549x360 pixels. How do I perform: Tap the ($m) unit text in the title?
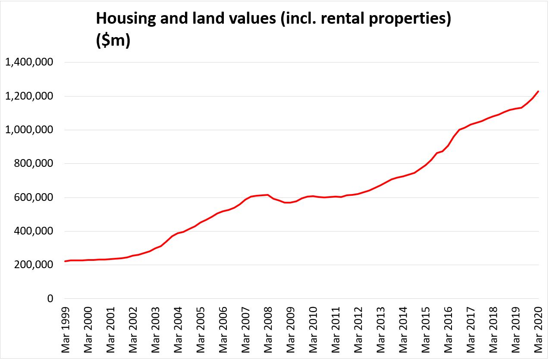click(113, 42)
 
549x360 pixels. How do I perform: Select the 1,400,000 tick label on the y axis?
click(29, 63)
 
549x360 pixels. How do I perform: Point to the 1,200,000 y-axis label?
click(29, 96)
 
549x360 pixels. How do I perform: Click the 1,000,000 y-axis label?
click(29, 130)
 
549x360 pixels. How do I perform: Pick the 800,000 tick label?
click(35, 164)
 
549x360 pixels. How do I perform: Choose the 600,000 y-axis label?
click(35, 197)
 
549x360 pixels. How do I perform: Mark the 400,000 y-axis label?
click(35, 231)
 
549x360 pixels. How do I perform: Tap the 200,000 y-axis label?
click(35, 265)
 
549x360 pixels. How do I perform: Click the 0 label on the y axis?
click(50, 299)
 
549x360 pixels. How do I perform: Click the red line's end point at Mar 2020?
click(538, 91)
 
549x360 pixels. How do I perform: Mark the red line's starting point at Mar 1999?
click(65, 261)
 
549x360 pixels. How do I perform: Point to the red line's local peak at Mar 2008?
click(268, 195)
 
